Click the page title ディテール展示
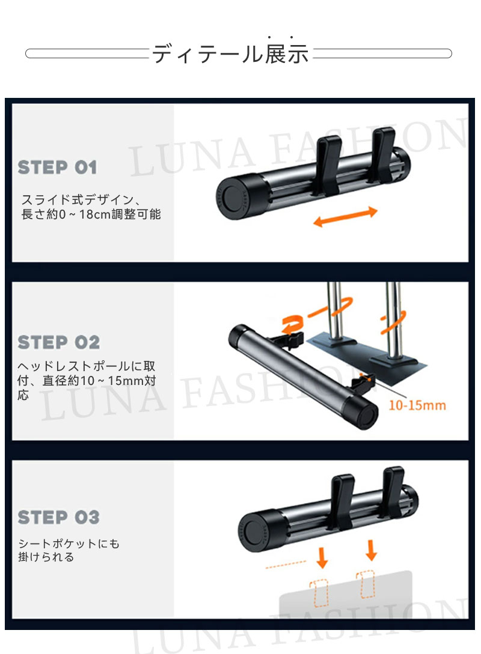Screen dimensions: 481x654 click(230, 53)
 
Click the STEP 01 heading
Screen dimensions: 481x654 click(57, 168)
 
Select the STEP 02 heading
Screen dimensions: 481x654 click(58, 342)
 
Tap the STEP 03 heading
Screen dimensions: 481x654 click(58, 517)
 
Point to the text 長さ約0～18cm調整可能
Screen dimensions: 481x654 click(91, 214)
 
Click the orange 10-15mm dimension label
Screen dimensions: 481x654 click(417, 405)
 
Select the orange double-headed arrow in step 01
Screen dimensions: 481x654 click(345, 217)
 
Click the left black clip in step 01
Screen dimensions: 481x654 click(326, 165)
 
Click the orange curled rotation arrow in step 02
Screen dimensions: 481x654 click(293, 324)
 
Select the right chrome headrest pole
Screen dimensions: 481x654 click(393, 319)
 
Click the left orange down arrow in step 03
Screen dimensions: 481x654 click(322, 558)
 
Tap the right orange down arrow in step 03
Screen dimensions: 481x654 click(371, 550)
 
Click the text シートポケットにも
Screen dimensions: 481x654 click(69, 543)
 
